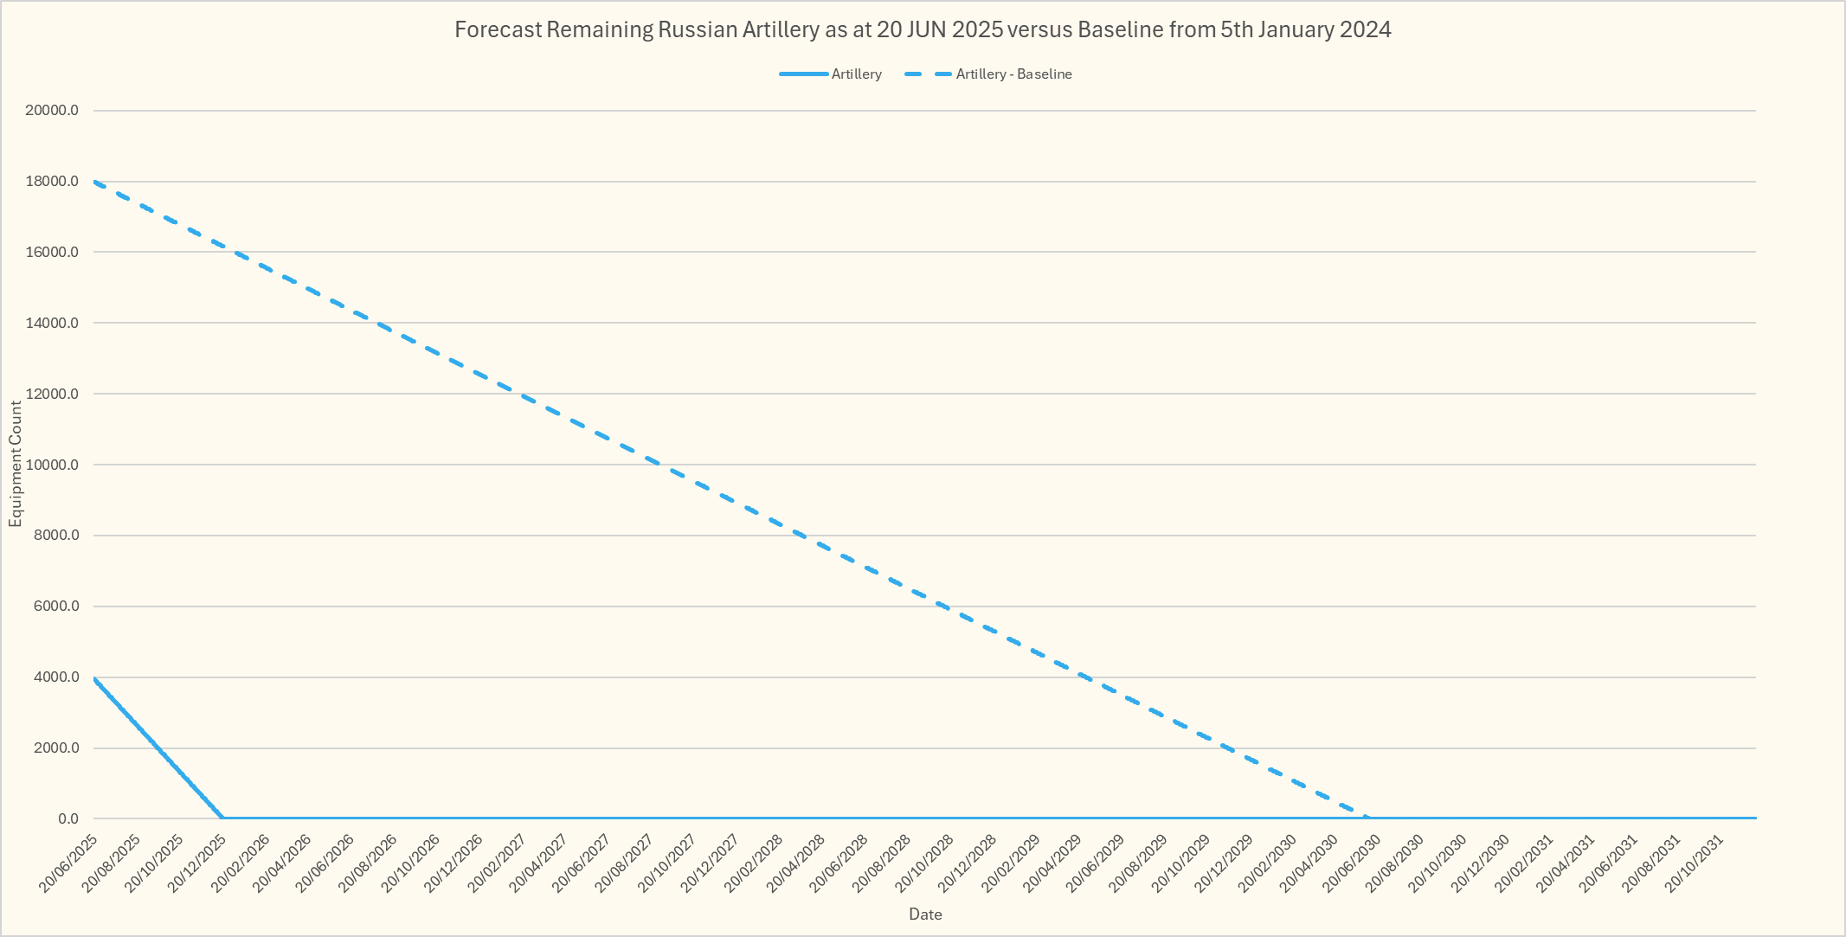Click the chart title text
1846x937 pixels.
coord(923,30)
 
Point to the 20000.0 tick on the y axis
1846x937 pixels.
coord(53,111)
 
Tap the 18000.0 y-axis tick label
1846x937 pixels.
coord(53,182)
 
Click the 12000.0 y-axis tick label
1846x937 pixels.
coord(53,394)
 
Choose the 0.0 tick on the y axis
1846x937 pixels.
coord(68,818)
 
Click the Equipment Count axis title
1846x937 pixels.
coord(16,465)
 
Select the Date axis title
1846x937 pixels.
coord(925,915)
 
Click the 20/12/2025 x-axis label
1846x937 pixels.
coord(197,863)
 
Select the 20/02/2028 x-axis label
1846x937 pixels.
coord(754,863)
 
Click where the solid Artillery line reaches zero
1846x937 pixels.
coord(222,818)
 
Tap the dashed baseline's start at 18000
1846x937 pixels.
coord(94,182)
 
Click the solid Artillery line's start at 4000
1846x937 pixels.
coord(94,677)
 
